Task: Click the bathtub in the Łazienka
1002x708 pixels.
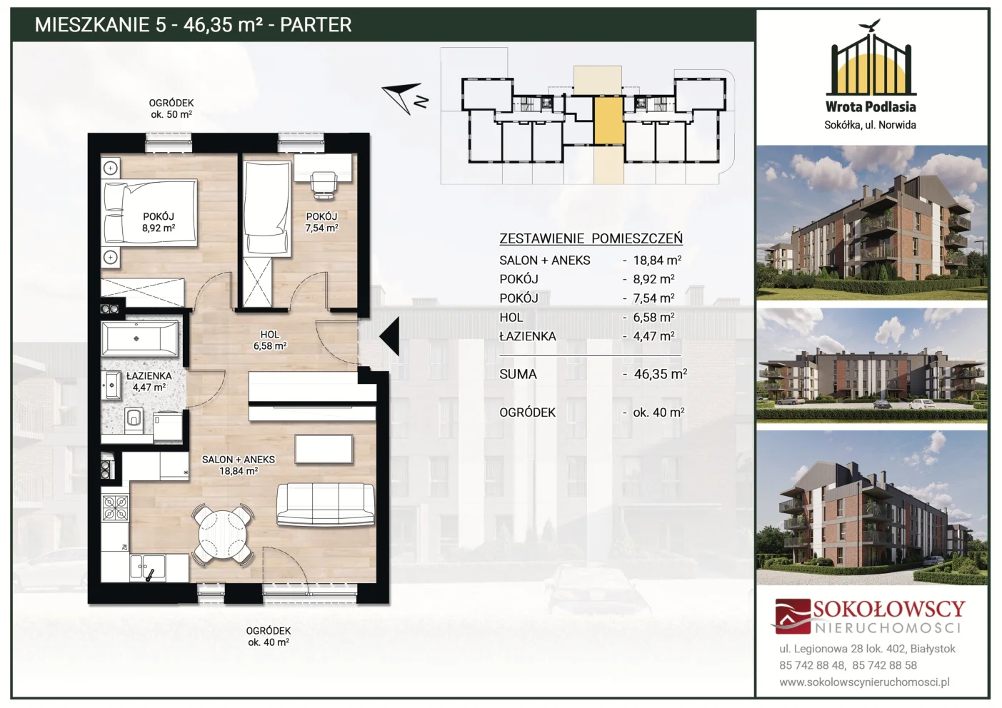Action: (140, 338)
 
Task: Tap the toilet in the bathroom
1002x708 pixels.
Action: (134, 420)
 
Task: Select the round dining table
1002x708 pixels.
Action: (223, 535)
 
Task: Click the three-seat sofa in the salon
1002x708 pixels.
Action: (325, 504)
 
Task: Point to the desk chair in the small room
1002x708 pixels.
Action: (324, 184)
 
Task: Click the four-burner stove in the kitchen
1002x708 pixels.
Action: (116, 508)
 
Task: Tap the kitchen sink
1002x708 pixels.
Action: (148, 568)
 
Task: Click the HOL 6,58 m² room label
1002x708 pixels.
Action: (270, 340)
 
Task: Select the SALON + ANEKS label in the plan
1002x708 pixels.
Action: (239, 459)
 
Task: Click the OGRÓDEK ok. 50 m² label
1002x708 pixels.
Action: (171, 108)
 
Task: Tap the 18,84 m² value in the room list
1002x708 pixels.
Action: (657, 260)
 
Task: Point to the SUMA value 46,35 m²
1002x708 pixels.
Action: (660, 374)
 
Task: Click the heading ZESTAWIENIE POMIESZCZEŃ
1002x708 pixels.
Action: (591, 238)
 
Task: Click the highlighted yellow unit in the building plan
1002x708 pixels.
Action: (608, 120)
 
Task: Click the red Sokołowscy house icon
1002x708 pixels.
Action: (792, 616)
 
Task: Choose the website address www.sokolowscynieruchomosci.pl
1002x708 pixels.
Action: (864, 682)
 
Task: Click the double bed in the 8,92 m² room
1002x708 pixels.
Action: (149, 213)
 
